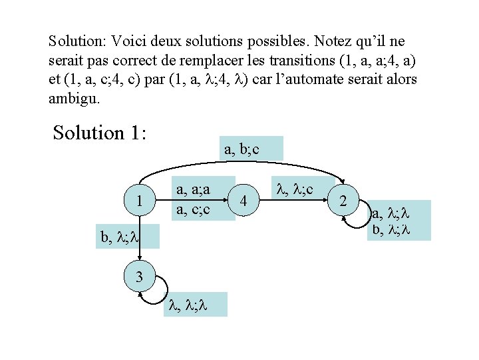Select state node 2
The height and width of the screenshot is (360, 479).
click(x=343, y=201)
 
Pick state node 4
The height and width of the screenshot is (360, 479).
click(x=244, y=201)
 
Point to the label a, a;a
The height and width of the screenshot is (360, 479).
click(x=192, y=190)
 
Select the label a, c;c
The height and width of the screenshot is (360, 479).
click(x=192, y=209)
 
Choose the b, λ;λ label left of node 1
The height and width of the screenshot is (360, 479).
click(x=119, y=236)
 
